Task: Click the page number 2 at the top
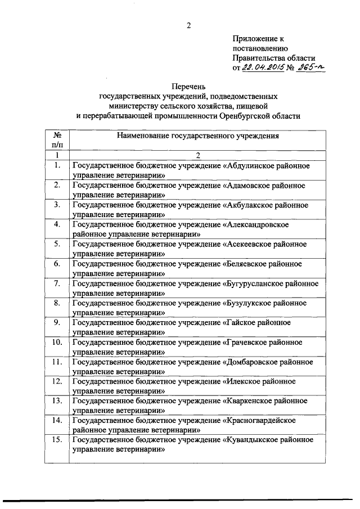coord(189,25)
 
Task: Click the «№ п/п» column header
coord(57,141)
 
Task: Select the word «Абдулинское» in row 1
coord(249,167)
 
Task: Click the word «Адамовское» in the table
coord(247,185)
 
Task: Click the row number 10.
coord(57,342)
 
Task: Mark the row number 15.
coord(57,440)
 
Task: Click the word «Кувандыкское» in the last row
coord(251,440)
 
